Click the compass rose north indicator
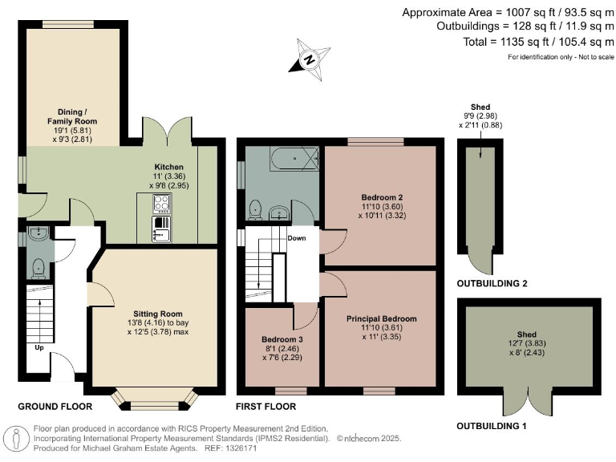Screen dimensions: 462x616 pos(309,58)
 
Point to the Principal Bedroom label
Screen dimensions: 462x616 pos(381,318)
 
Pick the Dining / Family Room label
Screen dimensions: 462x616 pos(77,116)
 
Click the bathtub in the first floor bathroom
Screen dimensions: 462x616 pos(294,159)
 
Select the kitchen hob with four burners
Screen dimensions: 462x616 pos(161,204)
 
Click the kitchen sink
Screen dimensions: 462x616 pos(161,234)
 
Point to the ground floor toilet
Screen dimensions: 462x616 pos(38,269)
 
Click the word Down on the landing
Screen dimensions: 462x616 pos(296,238)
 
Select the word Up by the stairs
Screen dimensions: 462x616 pos(38,349)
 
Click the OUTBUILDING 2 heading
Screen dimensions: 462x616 pos(492,284)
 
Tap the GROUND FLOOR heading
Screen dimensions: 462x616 pos(55,407)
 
